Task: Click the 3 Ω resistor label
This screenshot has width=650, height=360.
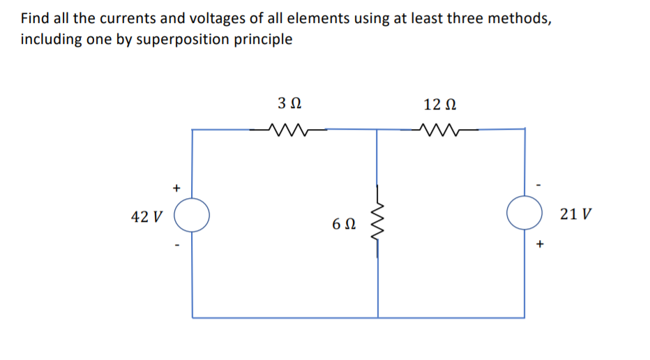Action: tap(289, 104)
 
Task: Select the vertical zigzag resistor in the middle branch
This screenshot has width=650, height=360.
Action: tap(378, 221)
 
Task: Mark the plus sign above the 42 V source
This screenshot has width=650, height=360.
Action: tap(177, 187)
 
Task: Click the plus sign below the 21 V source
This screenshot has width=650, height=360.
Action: tap(540, 244)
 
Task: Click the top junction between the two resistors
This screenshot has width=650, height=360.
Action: tap(377, 129)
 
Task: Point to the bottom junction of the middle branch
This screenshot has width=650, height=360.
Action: tap(378, 317)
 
